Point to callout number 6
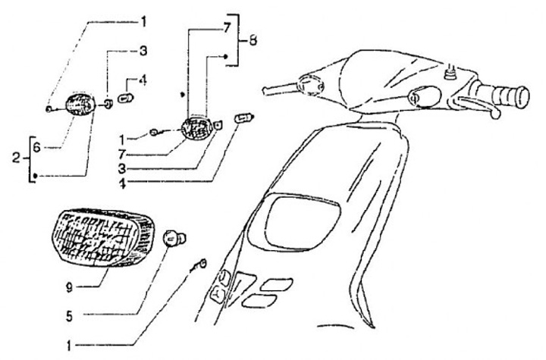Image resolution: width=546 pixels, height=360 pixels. [x=36, y=149]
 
